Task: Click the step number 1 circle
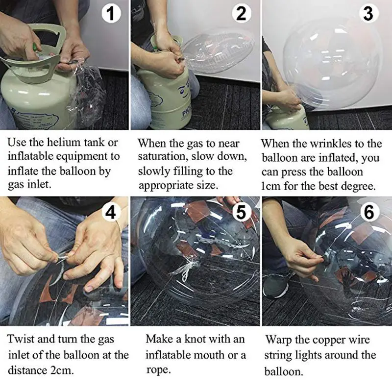[111, 14]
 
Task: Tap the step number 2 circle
[242, 14]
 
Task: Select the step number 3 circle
[368, 14]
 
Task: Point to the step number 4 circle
[111, 213]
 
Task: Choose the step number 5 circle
[241, 213]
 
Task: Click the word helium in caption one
[64, 142]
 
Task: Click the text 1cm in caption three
[271, 187]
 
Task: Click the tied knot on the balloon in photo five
[186, 272]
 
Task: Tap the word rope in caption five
[158, 370]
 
